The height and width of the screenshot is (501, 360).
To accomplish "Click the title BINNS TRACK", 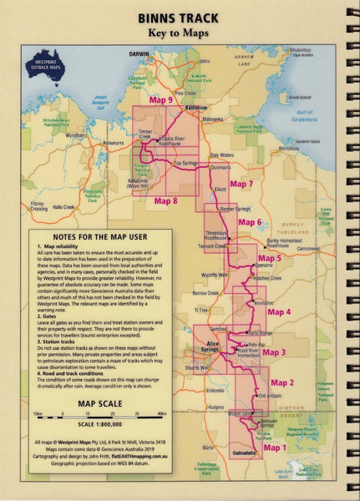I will tap(180, 17).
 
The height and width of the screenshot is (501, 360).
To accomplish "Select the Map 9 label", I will tap(160, 99).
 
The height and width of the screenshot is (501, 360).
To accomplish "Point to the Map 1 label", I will tap(275, 448).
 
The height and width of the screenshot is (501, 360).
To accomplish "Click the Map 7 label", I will tap(241, 184).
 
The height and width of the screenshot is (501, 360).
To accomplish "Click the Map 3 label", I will tap(276, 352).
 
